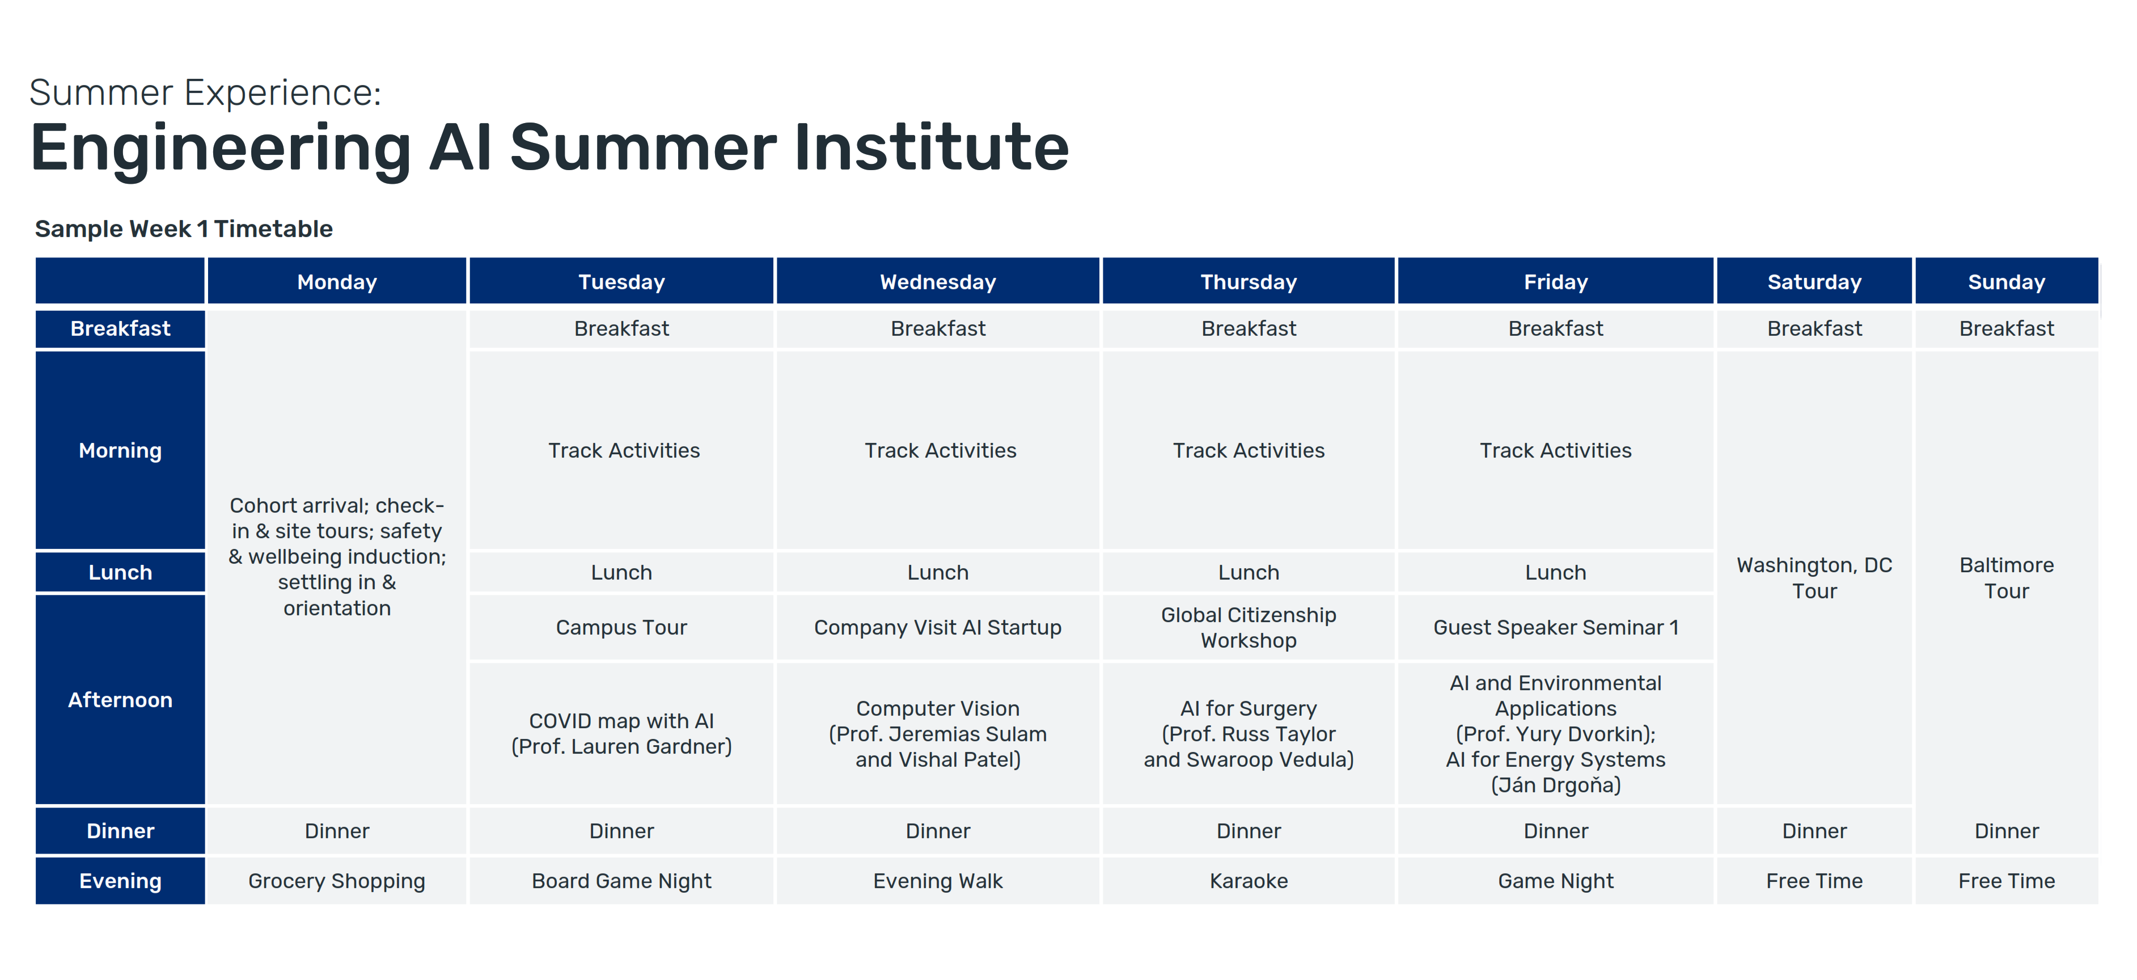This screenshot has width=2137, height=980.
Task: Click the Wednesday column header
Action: click(x=937, y=282)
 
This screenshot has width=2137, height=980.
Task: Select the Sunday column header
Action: click(x=2006, y=282)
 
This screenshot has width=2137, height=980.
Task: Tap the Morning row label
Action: click(x=120, y=450)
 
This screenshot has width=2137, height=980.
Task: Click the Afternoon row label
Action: click(x=120, y=699)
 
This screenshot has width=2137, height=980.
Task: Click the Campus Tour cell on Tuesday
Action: click(x=621, y=627)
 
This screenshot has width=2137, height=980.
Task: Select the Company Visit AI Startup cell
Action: click(x=937, y=627)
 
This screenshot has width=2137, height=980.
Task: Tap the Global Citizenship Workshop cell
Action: click(x=1249, y=627)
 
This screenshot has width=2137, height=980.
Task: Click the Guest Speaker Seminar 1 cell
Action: click(x=1555, y=627)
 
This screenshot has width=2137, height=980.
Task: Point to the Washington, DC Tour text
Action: click(x=1814, y=577)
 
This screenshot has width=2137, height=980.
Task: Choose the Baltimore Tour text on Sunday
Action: click(x=2006, y=577)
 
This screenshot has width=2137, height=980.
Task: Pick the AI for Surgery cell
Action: click(x=1249, y=733)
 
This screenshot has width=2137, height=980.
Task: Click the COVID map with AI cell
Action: click(x=621, y=733)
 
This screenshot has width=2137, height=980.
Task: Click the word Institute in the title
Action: click(x=931, y=147)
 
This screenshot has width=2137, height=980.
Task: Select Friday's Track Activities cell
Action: click(x=1555, y=450)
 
